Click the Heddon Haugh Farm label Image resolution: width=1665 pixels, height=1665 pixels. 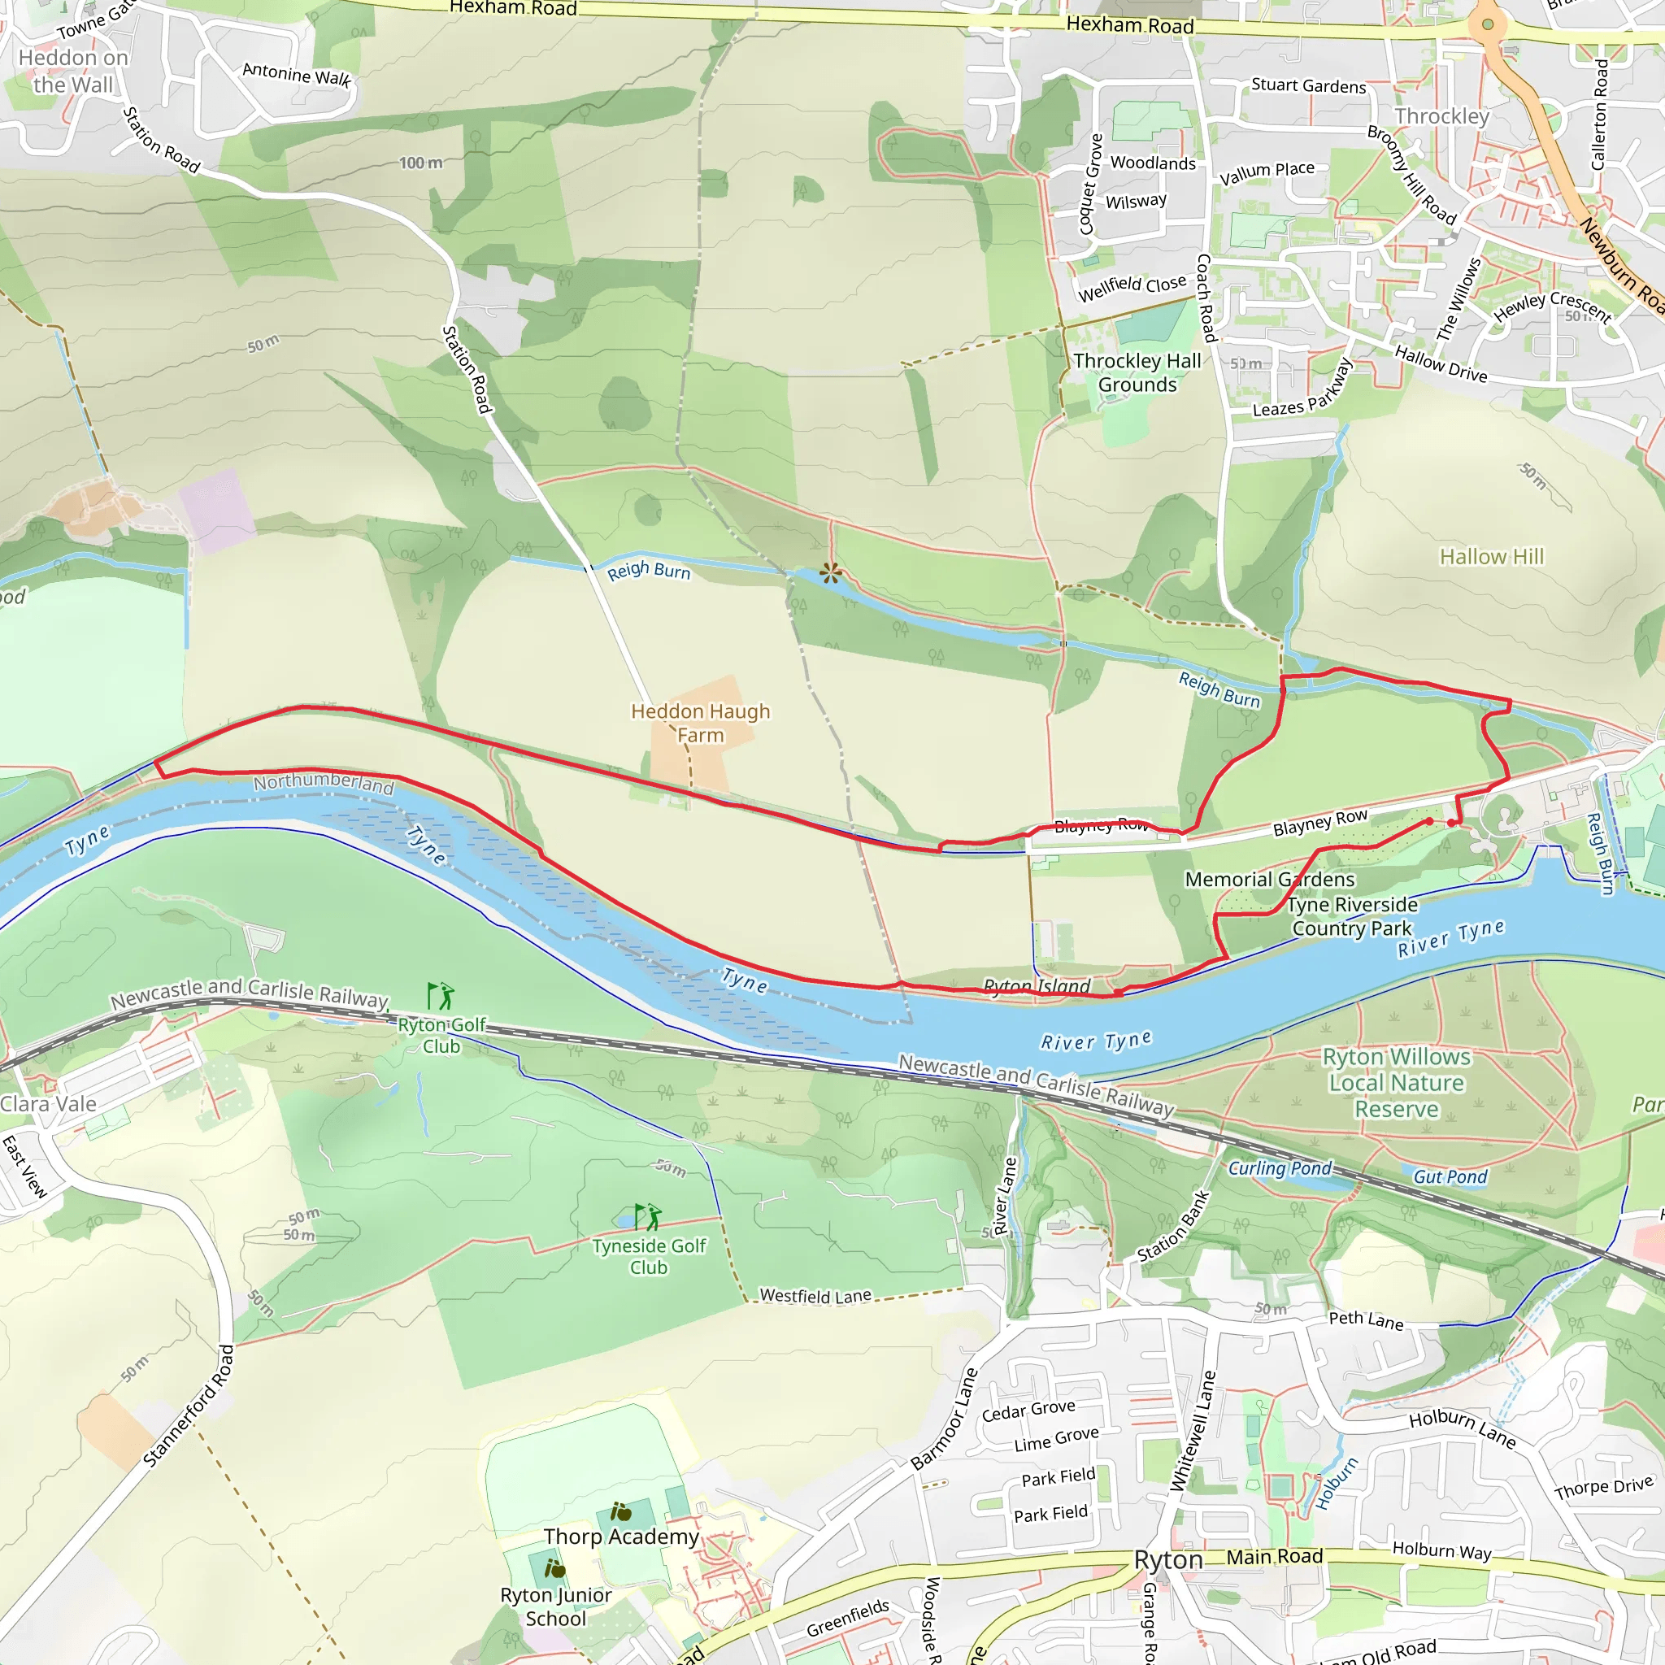tap(700, 723)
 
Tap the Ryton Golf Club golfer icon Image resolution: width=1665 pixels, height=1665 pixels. tap(441, 996)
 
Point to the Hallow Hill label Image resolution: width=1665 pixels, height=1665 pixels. tap(1492, 557)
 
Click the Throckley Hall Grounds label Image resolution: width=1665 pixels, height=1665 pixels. tap(1137, 372)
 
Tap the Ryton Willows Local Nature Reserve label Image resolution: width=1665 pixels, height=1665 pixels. tap(1396, 1082)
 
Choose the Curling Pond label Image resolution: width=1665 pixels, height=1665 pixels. tap(1280, 1167)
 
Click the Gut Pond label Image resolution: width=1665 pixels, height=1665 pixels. tap(1450, 1176)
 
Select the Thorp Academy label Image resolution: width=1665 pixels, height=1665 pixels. tap(621, 1537)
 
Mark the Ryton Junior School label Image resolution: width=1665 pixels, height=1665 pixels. tap(556, 1606)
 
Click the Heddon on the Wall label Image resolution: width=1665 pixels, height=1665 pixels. tap(73, 71)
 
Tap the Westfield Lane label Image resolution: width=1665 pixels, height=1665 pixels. tap(815, 1296)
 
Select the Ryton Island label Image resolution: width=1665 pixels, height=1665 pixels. tap(1037, 985)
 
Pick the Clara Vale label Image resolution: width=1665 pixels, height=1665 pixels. tap(48, 1104)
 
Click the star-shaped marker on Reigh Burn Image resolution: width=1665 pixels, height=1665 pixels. tap(831, 573)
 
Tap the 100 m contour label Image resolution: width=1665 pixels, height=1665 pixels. tap(420, 163)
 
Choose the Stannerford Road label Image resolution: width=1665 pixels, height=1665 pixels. tap(189, 1406)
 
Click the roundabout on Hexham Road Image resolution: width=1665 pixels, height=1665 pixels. tap(1488, 24)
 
